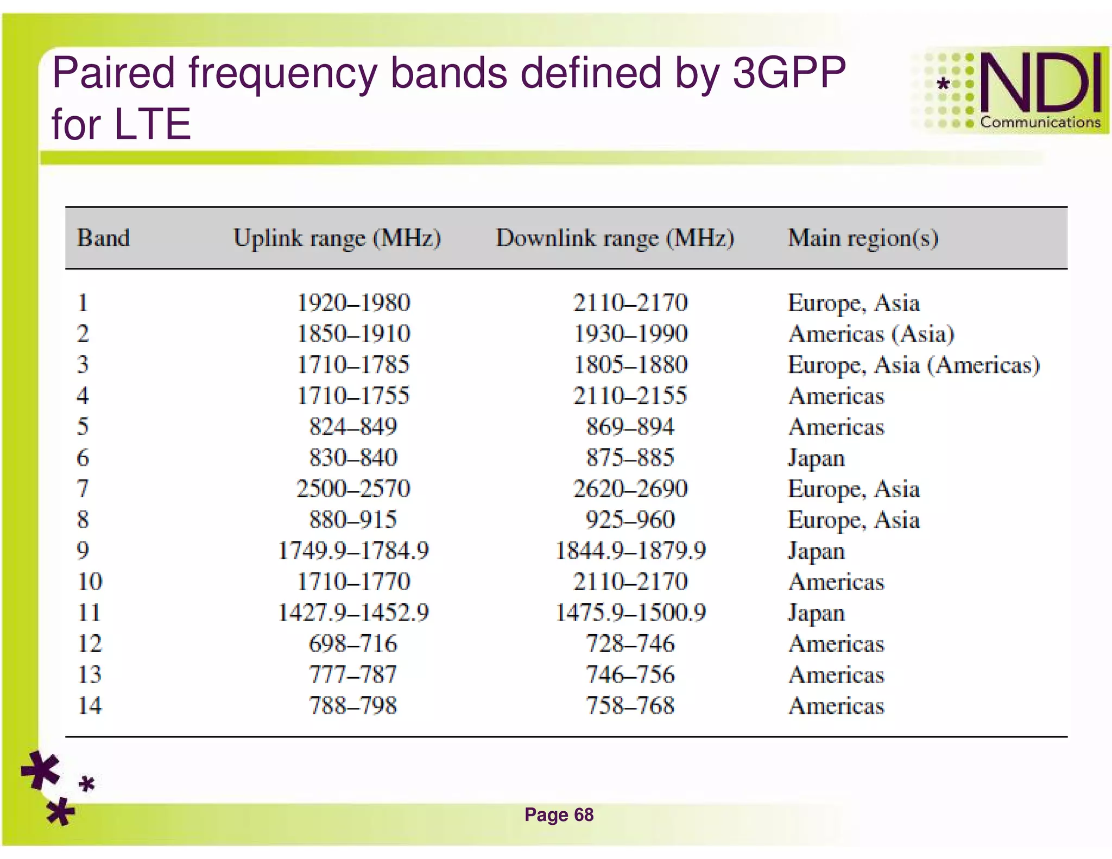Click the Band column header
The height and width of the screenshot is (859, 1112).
[103, 238]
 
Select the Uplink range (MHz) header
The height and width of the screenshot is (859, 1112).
[337, 238]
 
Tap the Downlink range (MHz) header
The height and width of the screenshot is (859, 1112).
[615, 238]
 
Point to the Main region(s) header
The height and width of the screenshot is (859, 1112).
[863, 238]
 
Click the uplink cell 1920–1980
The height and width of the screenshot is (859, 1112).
[353, 303]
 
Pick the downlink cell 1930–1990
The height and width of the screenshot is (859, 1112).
[630, 334]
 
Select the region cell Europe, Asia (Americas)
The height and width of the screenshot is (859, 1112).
[913, 365]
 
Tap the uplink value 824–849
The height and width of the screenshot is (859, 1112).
[353, 427]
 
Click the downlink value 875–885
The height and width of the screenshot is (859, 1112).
[630, 458]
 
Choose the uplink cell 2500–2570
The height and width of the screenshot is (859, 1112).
[353, 489]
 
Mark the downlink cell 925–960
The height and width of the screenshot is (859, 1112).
[630, 520]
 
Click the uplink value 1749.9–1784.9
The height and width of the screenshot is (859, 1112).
[353, 551]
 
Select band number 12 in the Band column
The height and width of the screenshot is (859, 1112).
[90, 644]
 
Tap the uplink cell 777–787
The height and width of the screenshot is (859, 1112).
[353, 675]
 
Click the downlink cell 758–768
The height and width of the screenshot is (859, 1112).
[630, 706]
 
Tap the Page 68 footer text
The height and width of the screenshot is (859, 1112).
[559, 815]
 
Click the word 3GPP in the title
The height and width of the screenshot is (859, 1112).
[789, 73]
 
